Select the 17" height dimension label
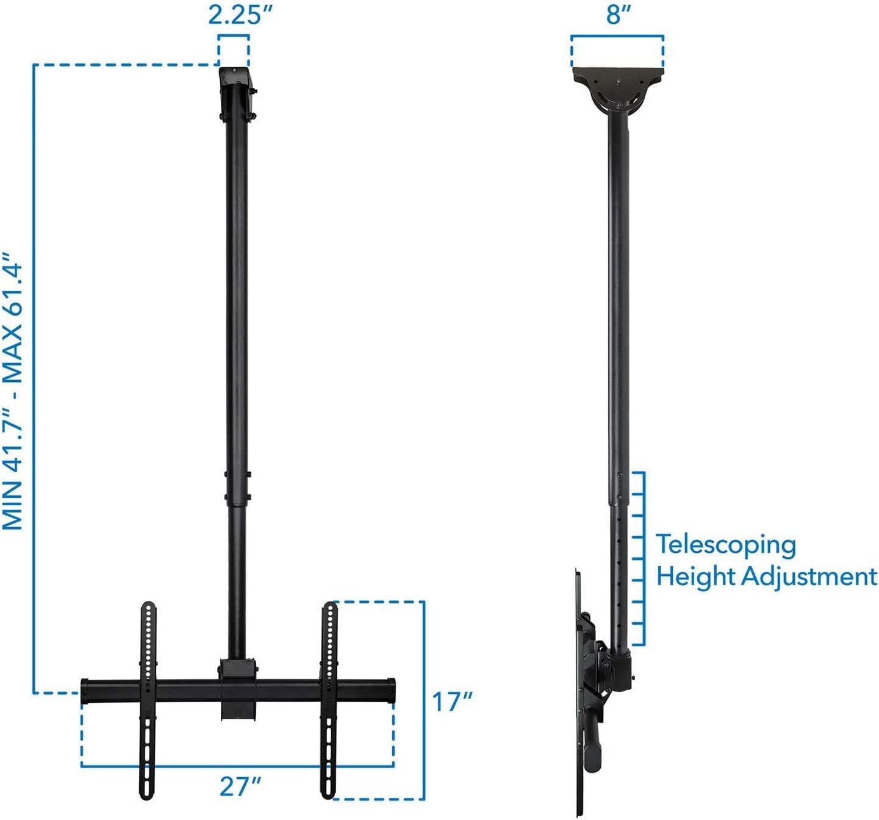(452, 702)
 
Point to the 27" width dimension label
(240, 786)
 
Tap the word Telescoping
(726, 545)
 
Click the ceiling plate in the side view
(617, 76)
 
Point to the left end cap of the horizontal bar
(85, 689)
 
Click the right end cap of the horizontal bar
(390, 689)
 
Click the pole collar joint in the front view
(237, 488)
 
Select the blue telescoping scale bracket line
(643, 558)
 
